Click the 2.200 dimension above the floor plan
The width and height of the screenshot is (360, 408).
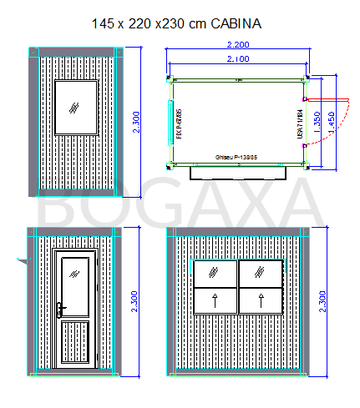(x=239, y=45)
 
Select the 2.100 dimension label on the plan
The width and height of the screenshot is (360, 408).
(x=239, y=59)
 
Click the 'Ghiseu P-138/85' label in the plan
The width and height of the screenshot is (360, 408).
(x=237, y=156)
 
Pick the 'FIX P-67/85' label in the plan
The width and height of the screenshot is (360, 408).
(x=180, y=123)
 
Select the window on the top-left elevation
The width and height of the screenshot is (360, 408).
(x=76, y=106)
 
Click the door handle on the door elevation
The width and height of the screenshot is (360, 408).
(x=62, y=310)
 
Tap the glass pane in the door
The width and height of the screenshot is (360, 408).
(x=76, y=283)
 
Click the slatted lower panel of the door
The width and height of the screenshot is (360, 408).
(x=76, y=341)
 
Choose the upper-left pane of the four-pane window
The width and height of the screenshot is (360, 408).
(x=215, y=273)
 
